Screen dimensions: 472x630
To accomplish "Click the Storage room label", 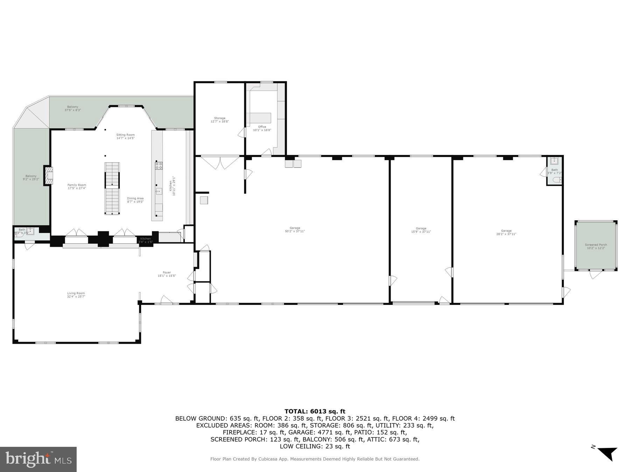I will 220,120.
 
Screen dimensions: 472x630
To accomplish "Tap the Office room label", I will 262,128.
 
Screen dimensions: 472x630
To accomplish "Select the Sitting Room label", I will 125,136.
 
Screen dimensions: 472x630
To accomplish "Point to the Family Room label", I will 77,186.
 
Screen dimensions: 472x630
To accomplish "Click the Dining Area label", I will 135,200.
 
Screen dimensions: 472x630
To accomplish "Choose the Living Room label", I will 76,295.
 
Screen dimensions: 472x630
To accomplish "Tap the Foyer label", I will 167,274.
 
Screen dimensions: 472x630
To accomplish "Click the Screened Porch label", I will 596,246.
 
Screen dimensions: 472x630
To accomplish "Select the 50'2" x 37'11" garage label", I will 295,230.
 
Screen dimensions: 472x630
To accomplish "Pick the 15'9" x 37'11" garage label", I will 421,230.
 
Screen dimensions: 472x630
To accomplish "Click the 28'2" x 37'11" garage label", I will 506,232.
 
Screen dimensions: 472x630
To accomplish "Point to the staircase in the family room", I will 112,188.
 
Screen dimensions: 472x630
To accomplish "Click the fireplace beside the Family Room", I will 49,176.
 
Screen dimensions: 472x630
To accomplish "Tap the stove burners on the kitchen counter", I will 159,165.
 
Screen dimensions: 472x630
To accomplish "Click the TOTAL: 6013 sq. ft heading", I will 315,411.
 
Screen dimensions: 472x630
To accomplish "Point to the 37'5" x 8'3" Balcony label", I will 72,108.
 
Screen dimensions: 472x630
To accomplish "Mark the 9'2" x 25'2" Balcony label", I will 31,178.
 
